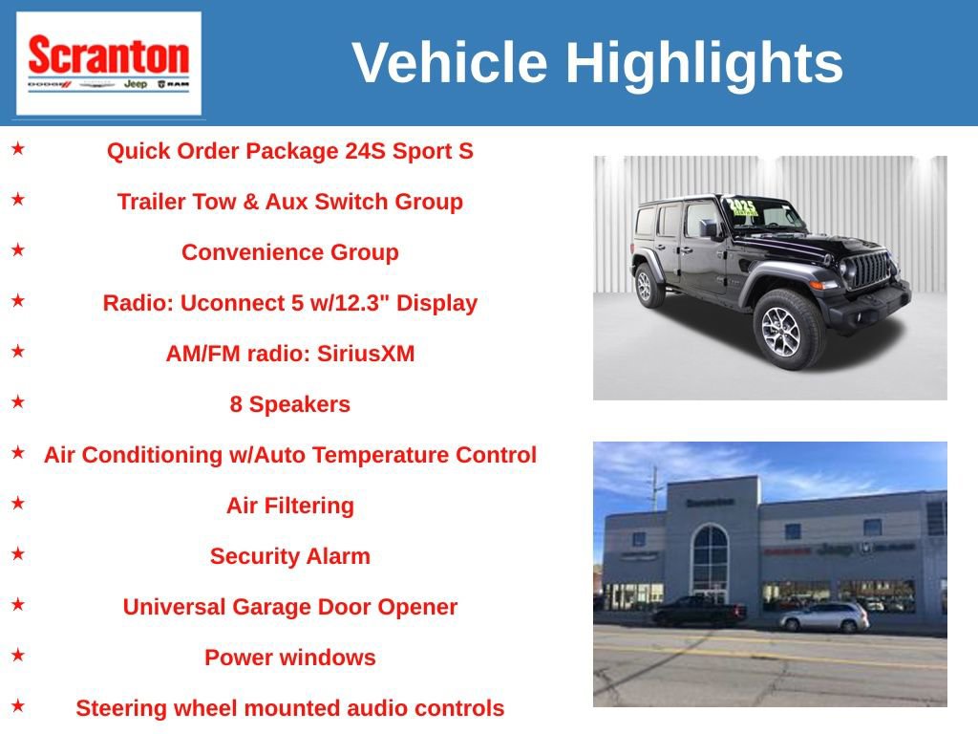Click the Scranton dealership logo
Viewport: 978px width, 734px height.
coord(108,63)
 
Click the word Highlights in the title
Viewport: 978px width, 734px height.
coord(704,63)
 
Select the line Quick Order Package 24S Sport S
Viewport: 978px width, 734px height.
coord(289,151)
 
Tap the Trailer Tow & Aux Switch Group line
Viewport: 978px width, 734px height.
coord(289,202)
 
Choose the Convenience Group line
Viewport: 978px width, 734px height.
coord(289,252)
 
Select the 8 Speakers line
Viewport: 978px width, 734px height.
coord(289,404)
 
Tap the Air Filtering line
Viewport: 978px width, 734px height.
coord(289,506)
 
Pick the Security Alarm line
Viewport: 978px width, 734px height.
coord(289,556)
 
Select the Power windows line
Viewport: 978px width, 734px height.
coord(289,658)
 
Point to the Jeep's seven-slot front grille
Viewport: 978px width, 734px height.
coord(870,270)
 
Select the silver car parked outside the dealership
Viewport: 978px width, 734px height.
coord(824,617)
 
